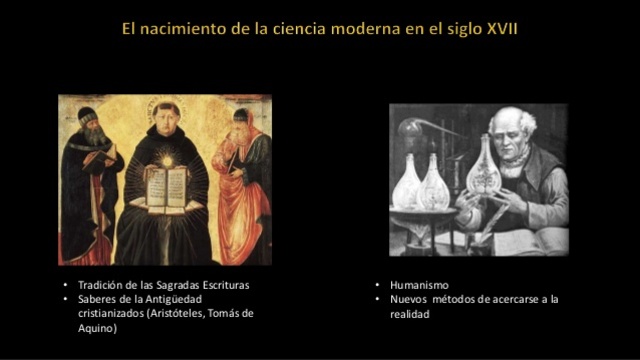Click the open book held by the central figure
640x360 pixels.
[x=166, y=187]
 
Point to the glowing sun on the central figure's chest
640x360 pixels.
[x=166, y=161]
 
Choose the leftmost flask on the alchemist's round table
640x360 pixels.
[x=410, y=185]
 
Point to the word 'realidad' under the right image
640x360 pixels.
[x=410, y=313]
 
